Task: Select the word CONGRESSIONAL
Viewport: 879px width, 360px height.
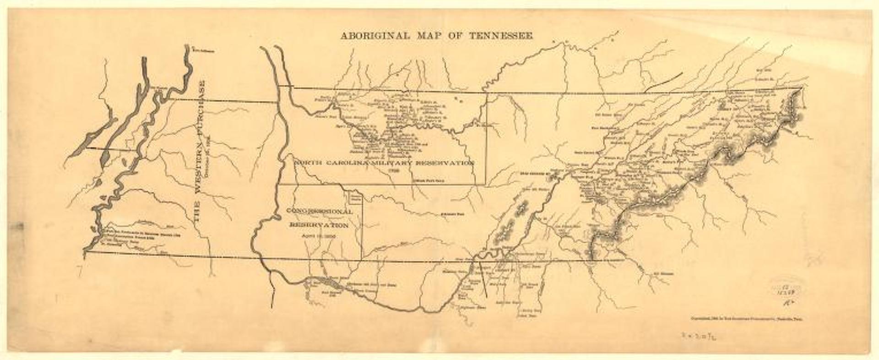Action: [319, 212]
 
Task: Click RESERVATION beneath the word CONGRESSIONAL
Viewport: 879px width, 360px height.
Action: [319, 225]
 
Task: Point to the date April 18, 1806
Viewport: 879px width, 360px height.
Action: [319, 236]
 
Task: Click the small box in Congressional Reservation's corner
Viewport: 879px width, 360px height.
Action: [355, 197]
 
